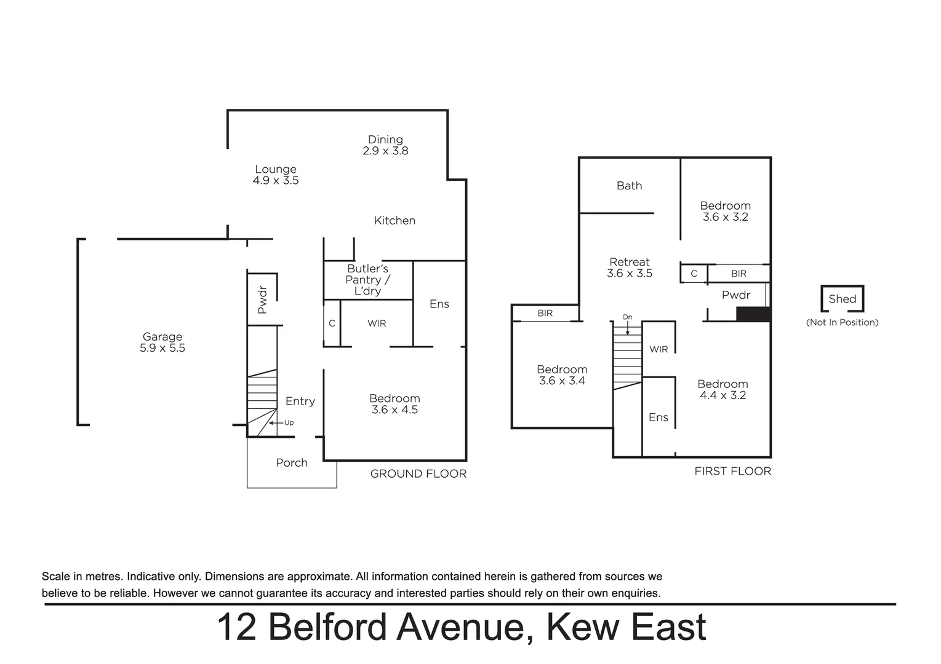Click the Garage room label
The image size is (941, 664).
coord(162,337)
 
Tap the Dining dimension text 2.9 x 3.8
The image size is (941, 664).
coord(385,151)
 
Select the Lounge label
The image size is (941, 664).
coord(276,169)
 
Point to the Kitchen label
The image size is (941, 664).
coord(394,220)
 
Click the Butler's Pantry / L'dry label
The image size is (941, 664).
coord(367,280)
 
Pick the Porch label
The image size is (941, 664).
coord(292,463)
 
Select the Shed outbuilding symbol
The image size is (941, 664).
coord(842,299)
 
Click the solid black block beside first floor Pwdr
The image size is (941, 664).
coord(753,314)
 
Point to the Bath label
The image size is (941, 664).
coord(629,186)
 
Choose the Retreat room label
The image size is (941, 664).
coord(629,262)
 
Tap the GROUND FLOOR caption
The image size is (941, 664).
coord(418,473)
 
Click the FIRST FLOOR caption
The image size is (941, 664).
coord(732,471)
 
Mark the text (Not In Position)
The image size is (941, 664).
coord(842,322)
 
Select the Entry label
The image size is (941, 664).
coord(300,401)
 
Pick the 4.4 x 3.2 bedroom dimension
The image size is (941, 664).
coord(723,395)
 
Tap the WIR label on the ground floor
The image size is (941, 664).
coord(377,323)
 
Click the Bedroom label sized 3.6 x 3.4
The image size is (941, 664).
coord(562,370)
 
